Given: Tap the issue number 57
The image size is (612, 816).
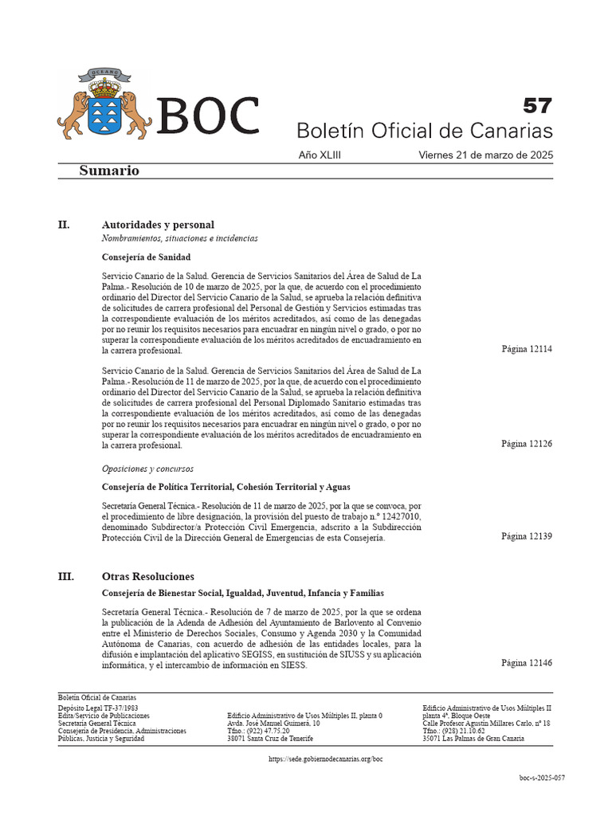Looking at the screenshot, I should click(536, 105).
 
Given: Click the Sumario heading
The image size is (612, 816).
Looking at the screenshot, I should click(109, 171).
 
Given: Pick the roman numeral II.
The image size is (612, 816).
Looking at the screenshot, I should click(65, 225).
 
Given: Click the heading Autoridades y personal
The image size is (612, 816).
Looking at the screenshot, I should click(158, 225).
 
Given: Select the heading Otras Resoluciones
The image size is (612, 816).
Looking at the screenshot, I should click(148, 576).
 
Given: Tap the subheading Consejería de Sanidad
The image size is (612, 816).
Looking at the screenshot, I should click(147, 257).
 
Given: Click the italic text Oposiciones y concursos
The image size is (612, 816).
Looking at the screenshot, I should click(147, 469).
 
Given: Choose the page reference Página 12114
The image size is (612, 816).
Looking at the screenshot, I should click(526, 349).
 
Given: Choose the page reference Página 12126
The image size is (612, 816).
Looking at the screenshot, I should click(526, 444).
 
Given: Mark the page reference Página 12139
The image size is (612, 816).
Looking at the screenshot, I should click(526, 536).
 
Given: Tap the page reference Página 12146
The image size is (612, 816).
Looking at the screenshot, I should click(526, 663).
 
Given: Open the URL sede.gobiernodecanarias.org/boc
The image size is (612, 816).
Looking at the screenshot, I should click(327, 760).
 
